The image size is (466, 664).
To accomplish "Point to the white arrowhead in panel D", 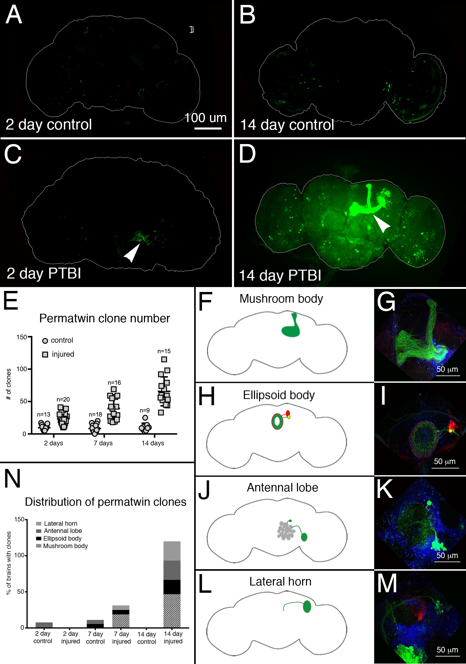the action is tap(382, 223).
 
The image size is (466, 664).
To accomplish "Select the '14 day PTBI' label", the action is tap(280, 275).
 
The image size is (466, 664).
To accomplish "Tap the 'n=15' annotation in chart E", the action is tap(164, 351).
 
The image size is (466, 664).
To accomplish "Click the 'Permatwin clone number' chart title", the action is tap(104, 318).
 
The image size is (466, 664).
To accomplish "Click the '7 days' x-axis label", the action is tap(103, 443).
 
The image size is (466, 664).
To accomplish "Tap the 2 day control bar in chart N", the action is tap(44, 625).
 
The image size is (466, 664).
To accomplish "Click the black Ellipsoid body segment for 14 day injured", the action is tap(172, 587).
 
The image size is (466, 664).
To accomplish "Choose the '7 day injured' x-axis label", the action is tap(121, 637).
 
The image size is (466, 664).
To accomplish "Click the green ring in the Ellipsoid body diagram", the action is tap(273, 422).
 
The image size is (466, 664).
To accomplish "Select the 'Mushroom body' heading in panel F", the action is tap(281, 299).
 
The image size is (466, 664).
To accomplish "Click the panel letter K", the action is tap(385, 489).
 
